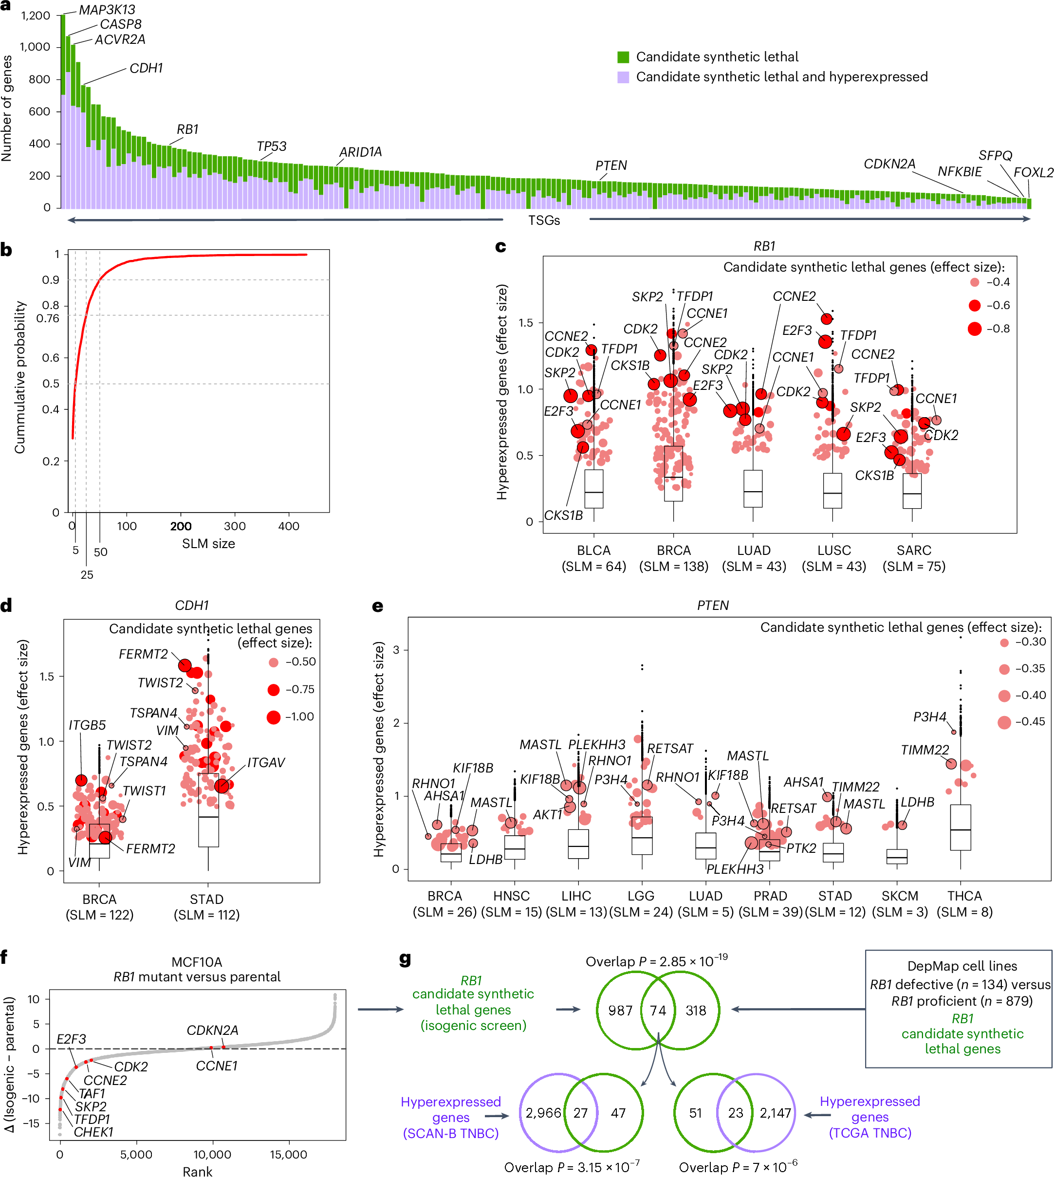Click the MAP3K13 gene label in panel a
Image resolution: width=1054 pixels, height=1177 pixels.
coord(107,10)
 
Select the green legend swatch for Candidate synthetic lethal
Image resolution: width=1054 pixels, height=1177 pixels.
coord(623,57)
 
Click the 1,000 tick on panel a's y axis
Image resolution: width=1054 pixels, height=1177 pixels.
coord(36,47)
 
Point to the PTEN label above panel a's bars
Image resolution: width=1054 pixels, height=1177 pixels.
coord(611,166)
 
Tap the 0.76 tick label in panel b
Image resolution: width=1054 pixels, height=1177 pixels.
coord(48,318)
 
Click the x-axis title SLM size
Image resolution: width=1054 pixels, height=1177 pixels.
coord(208,544)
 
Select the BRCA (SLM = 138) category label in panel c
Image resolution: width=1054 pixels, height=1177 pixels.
coord(673,558)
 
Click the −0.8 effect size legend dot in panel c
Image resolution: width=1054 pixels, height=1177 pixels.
coord(975,329)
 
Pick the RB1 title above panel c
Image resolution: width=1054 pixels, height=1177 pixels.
coord(764,246)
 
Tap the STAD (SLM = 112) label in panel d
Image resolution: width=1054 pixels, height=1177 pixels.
coord(207,907)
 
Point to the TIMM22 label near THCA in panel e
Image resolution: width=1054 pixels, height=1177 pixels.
coord(925,750)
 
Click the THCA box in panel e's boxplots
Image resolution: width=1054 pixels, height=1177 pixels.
coord(960,828)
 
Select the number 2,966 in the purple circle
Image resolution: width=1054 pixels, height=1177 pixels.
coord(543,1113)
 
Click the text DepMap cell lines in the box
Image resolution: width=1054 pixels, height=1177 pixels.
coord(962,966)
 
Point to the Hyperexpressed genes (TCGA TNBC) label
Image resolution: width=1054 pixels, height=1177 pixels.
coord(869,1117)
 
